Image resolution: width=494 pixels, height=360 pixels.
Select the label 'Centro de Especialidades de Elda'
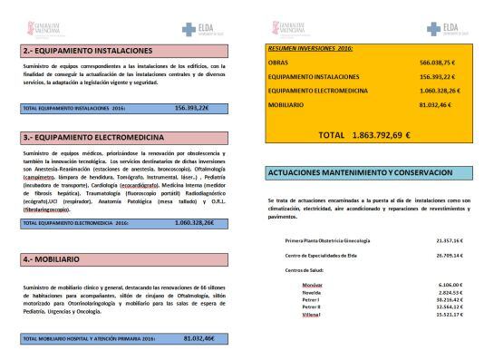pyautogui.click(x=325, y=257)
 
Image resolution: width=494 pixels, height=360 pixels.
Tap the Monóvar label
pyautogui.click(x=312, y=284)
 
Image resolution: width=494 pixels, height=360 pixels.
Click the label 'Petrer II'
pyautogui.click(x=312, y=307)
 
